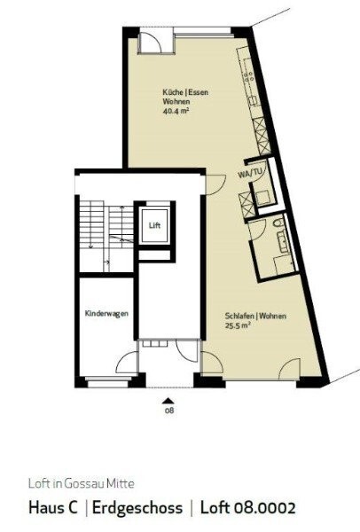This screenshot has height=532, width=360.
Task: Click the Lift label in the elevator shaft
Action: coord(154,226)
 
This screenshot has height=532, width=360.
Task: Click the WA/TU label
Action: coord(251,174)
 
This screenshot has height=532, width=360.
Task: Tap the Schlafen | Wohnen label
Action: coord(241,316)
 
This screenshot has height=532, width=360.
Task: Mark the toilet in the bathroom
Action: coord(278,223)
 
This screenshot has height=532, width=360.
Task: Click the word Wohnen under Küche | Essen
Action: coord(176,103)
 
